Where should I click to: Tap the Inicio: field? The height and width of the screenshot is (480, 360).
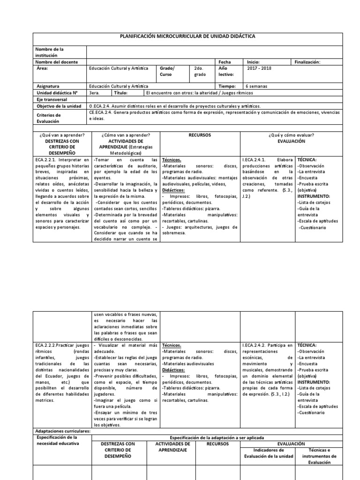click(253, 62)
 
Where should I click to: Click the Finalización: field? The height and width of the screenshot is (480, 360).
click(309, 62)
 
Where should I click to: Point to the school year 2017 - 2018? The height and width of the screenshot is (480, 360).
click(259, 68)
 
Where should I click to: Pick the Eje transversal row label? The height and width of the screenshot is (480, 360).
click(52, 99)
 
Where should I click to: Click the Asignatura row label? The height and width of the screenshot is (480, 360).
click(48, 86)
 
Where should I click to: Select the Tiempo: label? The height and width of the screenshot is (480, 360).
click(227, 86)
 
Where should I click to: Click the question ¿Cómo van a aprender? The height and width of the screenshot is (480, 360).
click(125, 135)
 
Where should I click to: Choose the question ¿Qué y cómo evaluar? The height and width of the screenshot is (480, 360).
click(291, 135)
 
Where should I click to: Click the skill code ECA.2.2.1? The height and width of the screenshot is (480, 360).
click(48, 160)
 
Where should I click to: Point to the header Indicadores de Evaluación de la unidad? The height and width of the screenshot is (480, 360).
click(266, 453)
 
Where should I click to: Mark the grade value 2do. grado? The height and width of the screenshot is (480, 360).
click(199, 71)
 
